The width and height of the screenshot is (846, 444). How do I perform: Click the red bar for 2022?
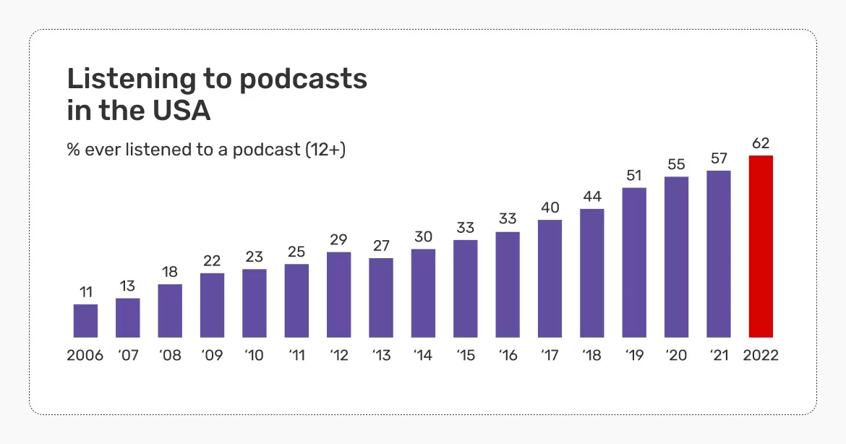761,247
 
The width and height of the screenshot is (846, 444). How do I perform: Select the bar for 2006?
85,320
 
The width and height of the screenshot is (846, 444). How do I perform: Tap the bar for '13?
381,297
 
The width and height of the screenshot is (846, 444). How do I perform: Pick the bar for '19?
634,262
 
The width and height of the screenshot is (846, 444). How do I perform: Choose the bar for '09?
212,304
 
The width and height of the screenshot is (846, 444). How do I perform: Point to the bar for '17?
550,278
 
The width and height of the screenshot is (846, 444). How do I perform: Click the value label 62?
761,142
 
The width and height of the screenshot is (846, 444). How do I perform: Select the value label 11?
85,291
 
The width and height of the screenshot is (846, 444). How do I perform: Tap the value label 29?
338,239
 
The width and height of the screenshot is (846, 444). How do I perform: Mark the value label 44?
591,196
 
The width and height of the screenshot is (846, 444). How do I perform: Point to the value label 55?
676,164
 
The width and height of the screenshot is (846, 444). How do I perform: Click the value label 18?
170,271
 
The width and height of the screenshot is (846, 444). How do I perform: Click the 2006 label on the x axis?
85,356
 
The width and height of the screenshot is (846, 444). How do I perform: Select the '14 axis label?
423,356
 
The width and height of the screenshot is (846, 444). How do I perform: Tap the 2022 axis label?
761,356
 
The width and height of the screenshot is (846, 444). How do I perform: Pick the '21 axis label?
718,356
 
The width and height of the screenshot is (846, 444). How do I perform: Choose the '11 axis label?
296,356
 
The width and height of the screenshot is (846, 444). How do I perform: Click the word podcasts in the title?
303,79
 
